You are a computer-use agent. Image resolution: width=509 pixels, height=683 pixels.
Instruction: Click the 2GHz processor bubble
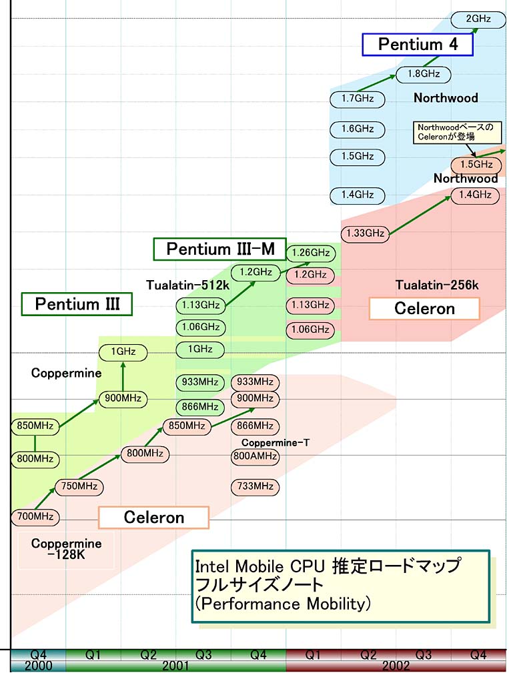tap(478, 19)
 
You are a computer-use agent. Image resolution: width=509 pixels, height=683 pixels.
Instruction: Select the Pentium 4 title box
tap(418, 45)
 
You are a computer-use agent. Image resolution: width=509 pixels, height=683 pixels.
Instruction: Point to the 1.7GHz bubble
tap(358, 99)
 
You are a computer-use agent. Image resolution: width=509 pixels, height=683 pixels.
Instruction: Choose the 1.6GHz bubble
tap(358, 128)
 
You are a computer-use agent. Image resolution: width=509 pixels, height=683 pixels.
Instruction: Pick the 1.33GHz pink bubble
tap(365, 233)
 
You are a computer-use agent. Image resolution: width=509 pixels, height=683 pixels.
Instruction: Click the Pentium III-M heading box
tap(219, 249)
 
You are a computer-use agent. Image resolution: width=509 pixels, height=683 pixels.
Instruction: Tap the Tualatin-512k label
tap(187, 285)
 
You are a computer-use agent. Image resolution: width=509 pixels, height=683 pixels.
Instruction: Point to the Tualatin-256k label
tap(437, 285)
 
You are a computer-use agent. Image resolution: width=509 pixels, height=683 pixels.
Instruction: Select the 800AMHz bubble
tap(254, 457)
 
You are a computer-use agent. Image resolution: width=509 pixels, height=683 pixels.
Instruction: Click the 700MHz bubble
tap(35, 516)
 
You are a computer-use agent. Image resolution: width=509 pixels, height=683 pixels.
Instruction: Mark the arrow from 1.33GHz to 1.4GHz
tap(420, 215)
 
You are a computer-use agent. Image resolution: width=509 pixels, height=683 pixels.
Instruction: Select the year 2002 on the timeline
tap(395, 666)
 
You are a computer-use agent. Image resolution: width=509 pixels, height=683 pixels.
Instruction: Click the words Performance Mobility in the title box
tap(283, 604)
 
